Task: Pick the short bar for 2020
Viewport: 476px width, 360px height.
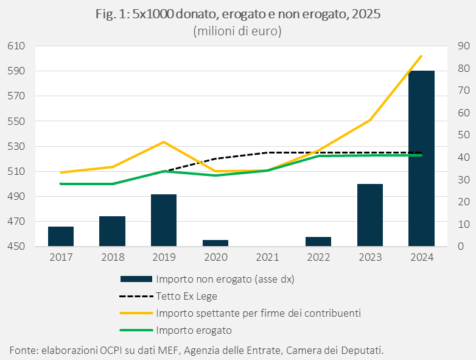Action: (215, 243)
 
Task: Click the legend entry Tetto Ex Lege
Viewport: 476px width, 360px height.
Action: (186, 297)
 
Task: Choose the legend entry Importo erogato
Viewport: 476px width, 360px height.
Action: (194, 330)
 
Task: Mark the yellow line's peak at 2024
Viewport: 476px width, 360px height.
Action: (421, 56)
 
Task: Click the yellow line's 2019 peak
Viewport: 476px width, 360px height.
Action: (164, 142)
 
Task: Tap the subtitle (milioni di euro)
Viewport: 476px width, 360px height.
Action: (237, 31)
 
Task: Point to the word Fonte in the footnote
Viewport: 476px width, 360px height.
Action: (23, 350)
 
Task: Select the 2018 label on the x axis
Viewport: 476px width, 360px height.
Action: (112, 258)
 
